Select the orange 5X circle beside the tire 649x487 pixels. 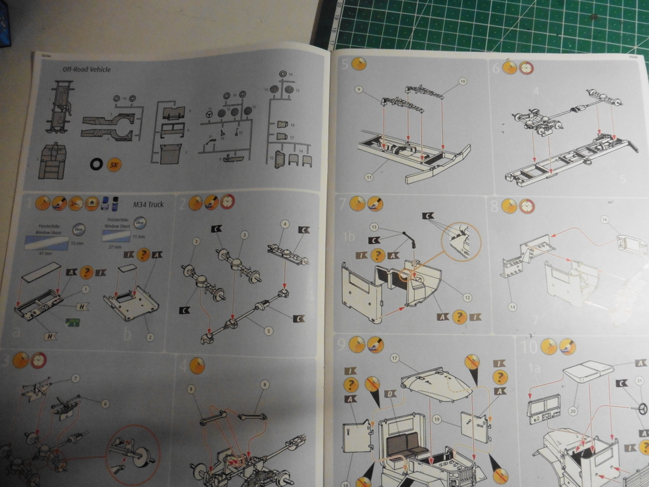(116, 165)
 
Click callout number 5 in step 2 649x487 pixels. (268, 331)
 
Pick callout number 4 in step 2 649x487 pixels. (284, 224)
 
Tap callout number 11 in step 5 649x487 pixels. (368, 176)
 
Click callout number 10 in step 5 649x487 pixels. (463, 81)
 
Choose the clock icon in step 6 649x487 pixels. (526, 68)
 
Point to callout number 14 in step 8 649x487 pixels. (513, 306)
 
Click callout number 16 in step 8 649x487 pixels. (605, 220)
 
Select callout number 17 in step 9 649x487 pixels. (394, 358)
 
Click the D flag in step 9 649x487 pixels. (390, 393)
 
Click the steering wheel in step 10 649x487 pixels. (643, 408)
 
